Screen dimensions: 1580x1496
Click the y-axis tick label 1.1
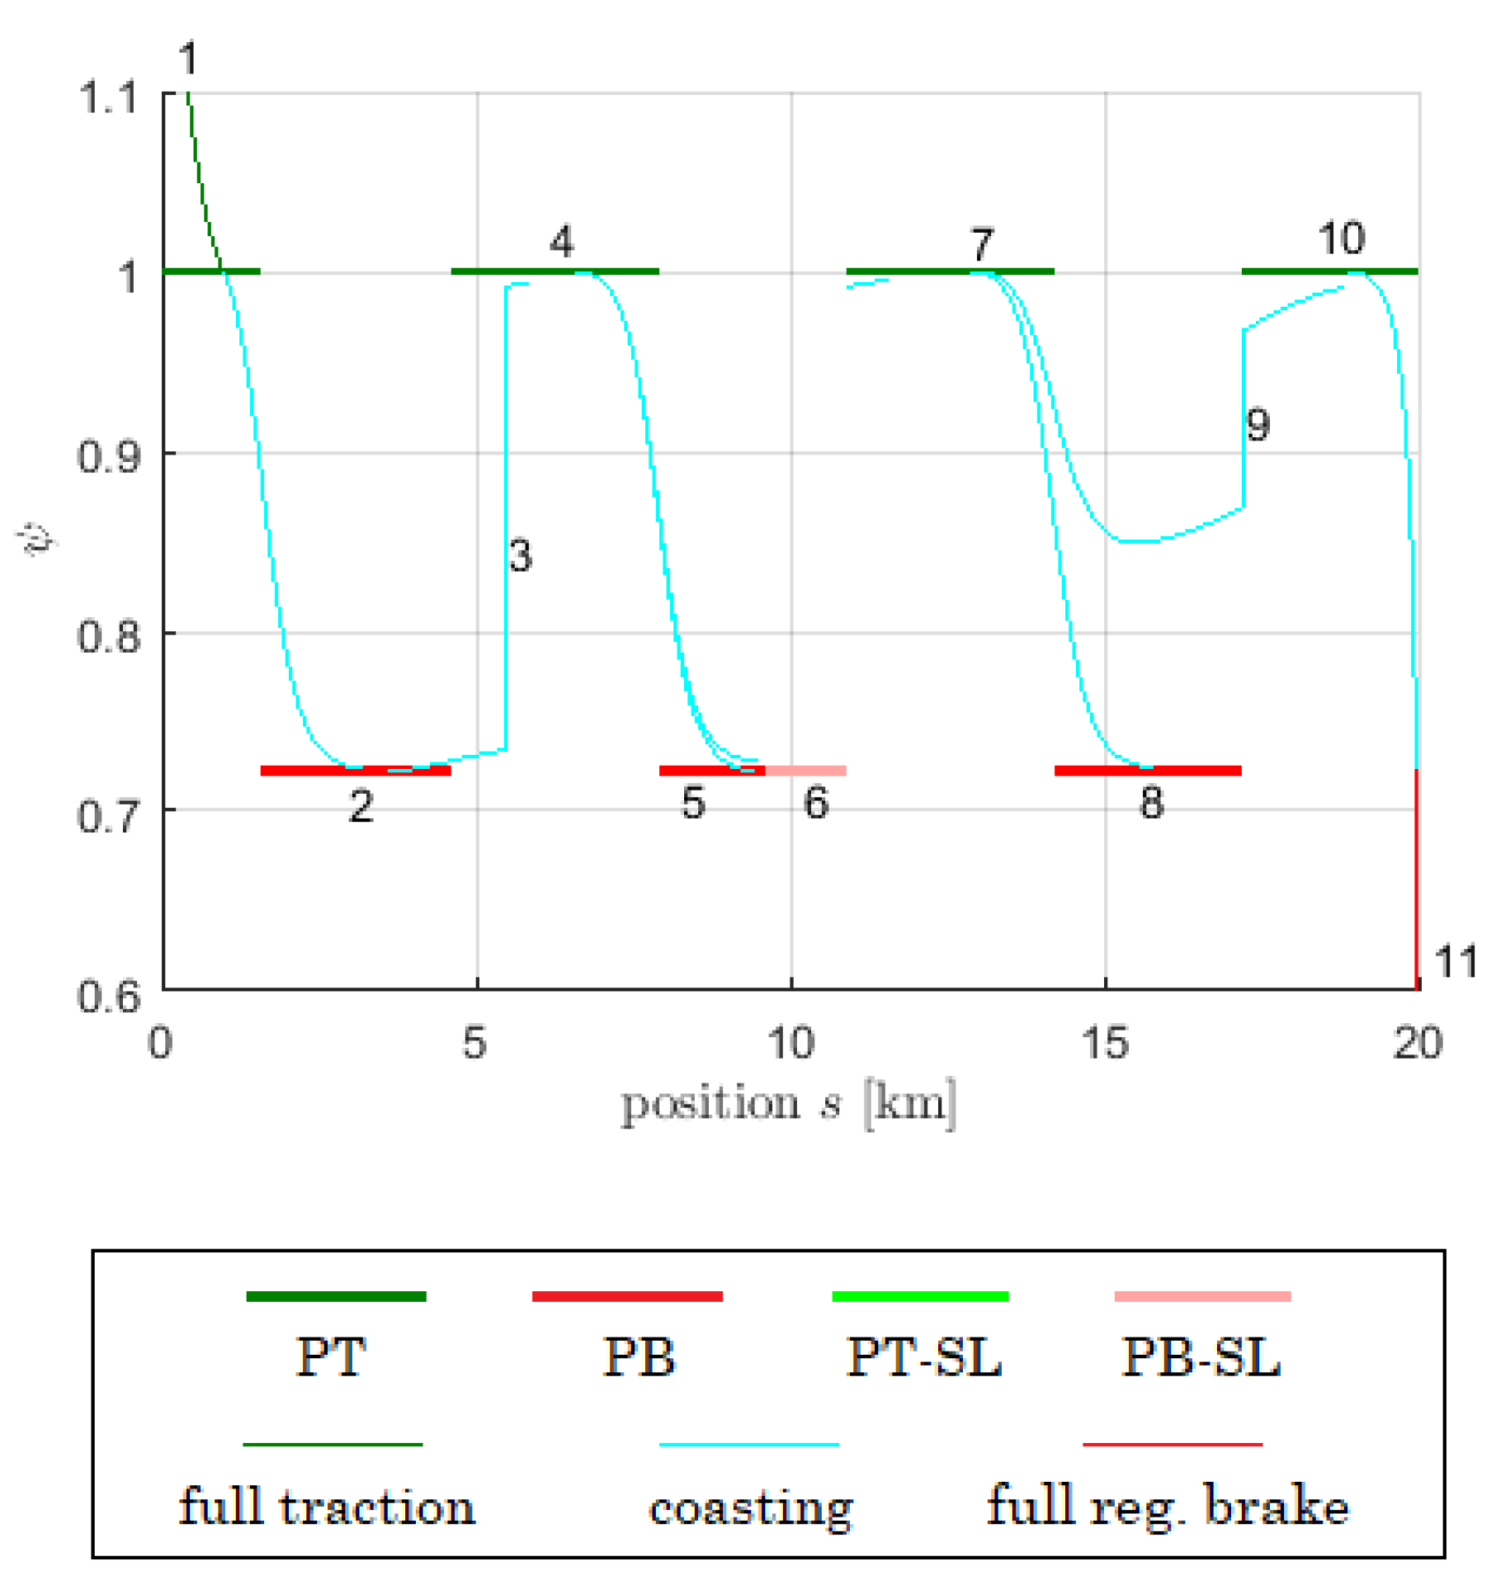pos(108,98)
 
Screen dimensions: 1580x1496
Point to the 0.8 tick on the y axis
pos(108,636)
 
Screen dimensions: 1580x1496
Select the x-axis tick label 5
pos(474,1043)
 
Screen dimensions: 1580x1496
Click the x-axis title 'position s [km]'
pos(788,1105)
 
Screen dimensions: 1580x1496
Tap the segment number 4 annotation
pos(561,243)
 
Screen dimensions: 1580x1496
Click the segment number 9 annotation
pos(1257,425)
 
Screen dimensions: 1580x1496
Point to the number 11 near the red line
pos(1456,962)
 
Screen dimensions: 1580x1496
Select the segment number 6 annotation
pos(815,803)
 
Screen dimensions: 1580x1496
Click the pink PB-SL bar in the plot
pos(805,771)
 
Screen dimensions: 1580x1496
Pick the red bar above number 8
pos(1147,771)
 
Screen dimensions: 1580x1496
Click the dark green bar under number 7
pos(949,271)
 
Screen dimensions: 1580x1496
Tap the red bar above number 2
pos(355,771)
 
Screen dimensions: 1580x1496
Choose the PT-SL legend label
pos(923,1357)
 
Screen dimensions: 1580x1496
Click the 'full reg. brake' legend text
pos(1167,1507)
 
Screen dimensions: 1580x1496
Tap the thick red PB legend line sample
pos(627,1296)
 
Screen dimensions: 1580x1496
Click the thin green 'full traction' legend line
pos(333,1445)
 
